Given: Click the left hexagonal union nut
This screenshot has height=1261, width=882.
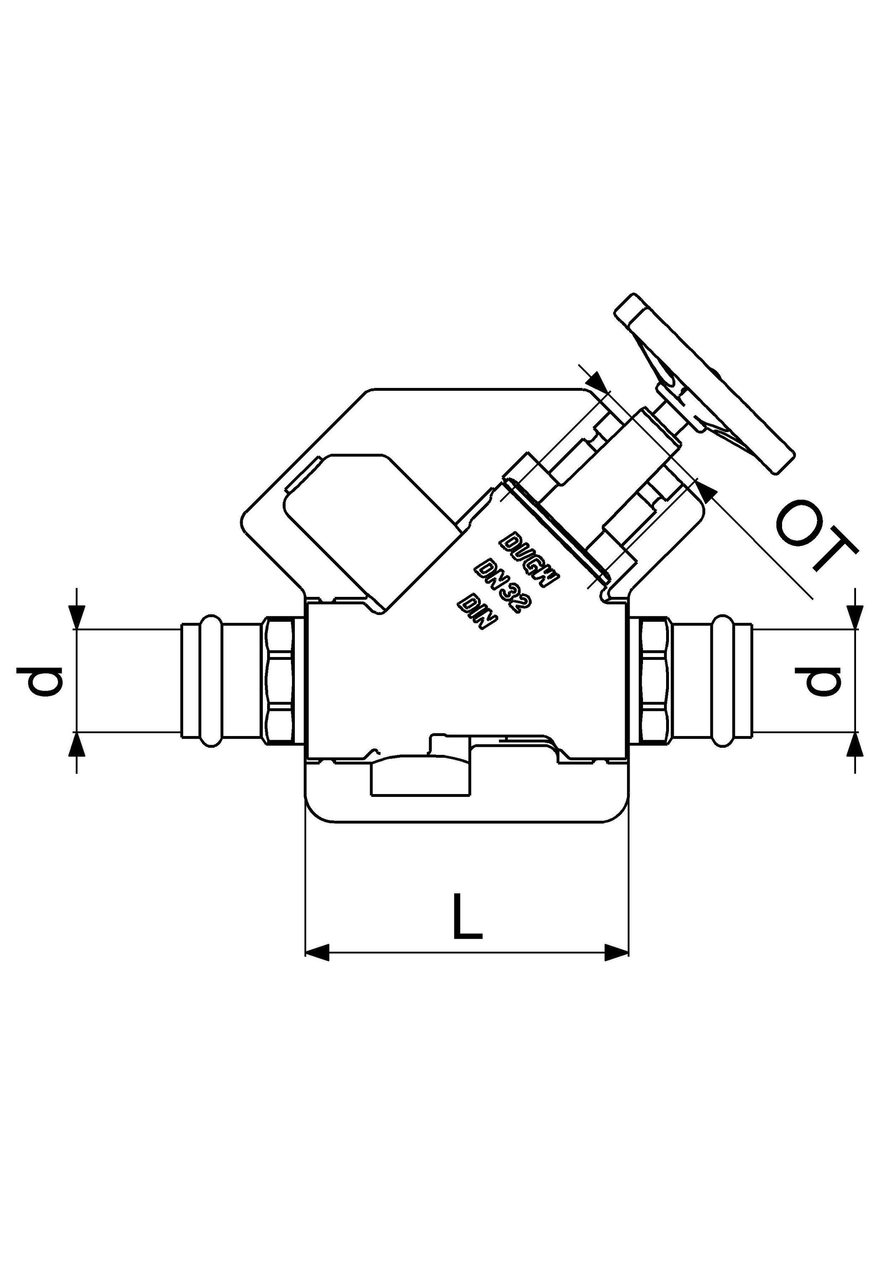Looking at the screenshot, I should click(283, 681).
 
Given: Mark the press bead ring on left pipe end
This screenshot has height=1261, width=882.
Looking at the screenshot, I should click(211, 681).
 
